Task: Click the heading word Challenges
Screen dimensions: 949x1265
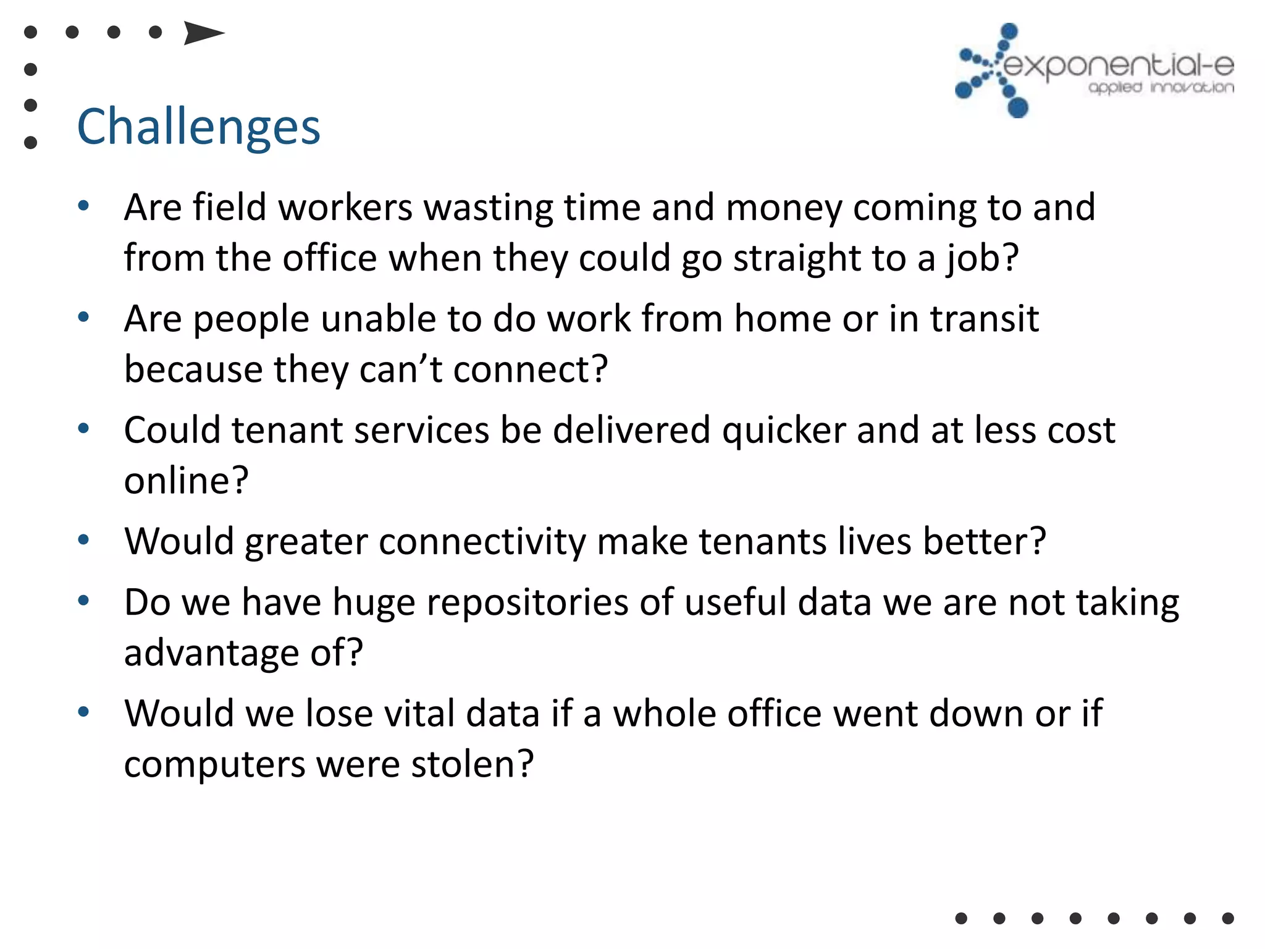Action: click(198, 127)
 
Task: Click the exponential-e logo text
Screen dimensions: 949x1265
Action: click(1118, 66)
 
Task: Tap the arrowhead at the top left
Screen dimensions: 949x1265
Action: click(203, 33)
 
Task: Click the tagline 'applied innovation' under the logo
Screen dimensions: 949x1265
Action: click(1161, 88)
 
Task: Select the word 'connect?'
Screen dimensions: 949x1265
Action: click(531, 369)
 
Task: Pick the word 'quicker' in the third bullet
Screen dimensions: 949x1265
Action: click(784, 430)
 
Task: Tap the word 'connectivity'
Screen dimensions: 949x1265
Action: click(482, 542)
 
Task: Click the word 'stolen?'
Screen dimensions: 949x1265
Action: click(472, 764)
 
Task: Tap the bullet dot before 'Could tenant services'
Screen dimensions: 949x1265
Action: click(84, 428)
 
